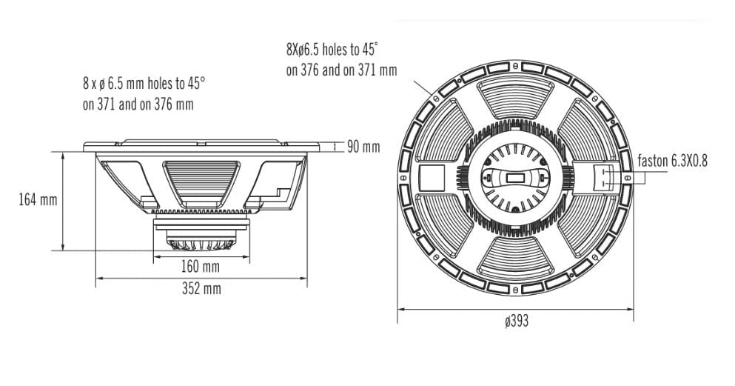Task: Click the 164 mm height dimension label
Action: (x=38, y=200)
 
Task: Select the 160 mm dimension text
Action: (x=201, y=266)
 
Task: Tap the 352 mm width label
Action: (x=201, y=288)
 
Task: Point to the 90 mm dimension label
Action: (x=363, y=147)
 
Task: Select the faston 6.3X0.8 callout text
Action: (x=673, y=160)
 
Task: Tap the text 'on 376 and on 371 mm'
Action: (x=341, y=70)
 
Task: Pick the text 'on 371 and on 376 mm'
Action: (x=138, y=104)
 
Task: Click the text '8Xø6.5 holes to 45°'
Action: (x=332, y=50)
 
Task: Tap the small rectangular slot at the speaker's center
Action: (x=517, y=179)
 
